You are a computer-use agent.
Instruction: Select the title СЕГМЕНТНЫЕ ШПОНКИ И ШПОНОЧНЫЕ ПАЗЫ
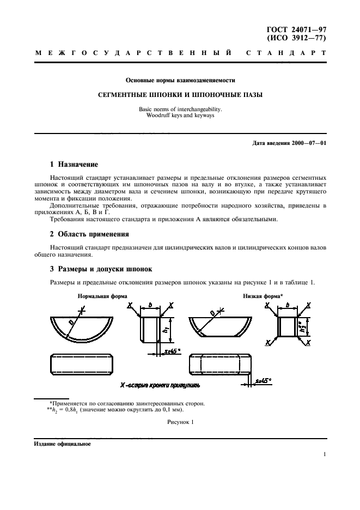pos(180,94)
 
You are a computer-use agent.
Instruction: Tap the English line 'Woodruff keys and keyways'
pos(180,116)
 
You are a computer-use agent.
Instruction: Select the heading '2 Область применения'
pos(89,234)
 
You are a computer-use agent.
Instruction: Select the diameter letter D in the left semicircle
pos(71,323)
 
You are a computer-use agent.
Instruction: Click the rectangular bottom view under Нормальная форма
pos(81,363)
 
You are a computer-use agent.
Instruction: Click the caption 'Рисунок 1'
pos(180,422)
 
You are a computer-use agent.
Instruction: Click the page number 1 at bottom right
pos(325,454)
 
